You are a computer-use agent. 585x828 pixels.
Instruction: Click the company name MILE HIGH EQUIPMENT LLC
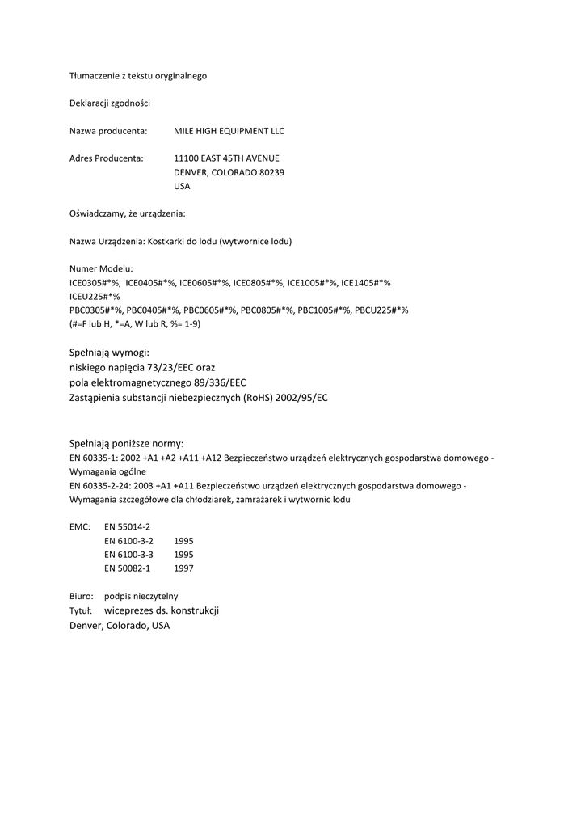pos(229,131)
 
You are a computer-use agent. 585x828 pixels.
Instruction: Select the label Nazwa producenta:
pos(108,131)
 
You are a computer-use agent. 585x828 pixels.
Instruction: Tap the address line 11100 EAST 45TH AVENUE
pos(226,158)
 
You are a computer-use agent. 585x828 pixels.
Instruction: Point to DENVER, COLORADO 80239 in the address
pos(229,172)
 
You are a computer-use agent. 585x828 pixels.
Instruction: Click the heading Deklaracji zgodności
pos(109,103)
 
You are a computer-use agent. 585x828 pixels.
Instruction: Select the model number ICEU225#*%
pos(95,297)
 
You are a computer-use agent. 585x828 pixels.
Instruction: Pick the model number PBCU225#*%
pos(381,310)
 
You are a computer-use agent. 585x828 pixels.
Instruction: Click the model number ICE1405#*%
pos(366,283)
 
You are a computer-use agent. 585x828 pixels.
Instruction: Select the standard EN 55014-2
pos(128,526)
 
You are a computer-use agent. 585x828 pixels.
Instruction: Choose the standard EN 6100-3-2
pos(128,540)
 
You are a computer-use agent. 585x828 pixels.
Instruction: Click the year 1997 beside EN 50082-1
pos(183,568)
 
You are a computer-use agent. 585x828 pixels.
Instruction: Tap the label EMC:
pos(79,526)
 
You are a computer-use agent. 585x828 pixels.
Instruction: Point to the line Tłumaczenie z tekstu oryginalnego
pos(138,76)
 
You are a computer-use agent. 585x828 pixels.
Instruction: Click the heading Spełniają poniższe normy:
pos(127,443)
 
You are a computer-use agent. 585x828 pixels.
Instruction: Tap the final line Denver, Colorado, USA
pos(120,626)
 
